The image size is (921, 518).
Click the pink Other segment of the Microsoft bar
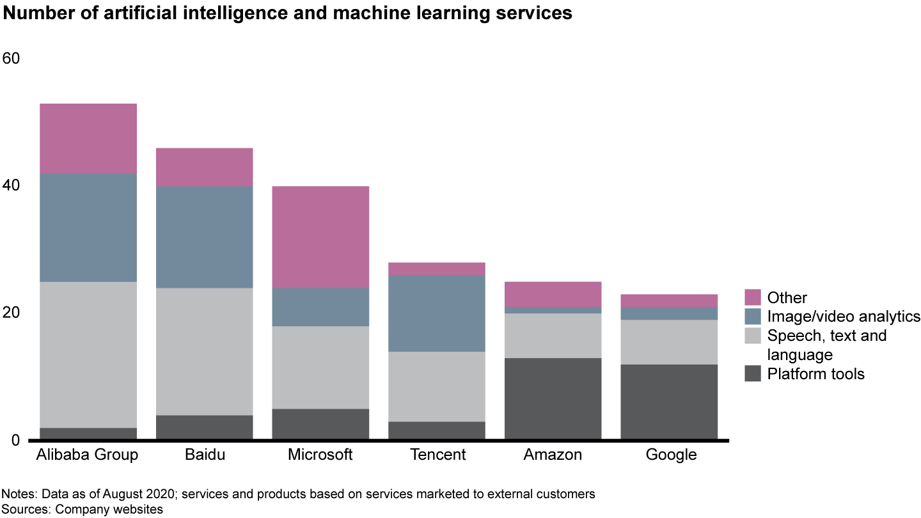click(320, 237)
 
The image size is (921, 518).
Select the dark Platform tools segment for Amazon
click(553, 398)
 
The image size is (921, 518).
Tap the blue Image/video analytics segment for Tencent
click(437, 313)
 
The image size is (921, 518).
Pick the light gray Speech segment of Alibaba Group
click(88, 354)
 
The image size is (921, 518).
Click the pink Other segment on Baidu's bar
click(204, 168)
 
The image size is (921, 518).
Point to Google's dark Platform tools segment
click(669, 402)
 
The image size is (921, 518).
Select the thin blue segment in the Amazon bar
click(553, 310)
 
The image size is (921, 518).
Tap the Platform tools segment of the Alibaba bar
click(88, 434)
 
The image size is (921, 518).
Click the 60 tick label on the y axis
click(12, 59)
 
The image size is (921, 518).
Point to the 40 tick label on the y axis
click(12, 186)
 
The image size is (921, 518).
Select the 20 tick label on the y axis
click(12, 313)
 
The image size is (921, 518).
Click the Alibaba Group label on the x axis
click(88, 455)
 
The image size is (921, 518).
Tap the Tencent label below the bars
click(437, 455)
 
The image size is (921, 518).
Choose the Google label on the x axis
click(671, 455)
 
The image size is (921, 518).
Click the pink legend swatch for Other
click(753, 297)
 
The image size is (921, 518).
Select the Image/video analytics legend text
click(844, 317)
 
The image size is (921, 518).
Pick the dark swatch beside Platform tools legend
click(753, 373)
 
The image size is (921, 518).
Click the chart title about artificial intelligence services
click(287, 14)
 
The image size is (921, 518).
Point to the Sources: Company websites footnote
click(83, 509)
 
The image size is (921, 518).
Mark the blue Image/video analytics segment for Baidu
click(204, 237)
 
